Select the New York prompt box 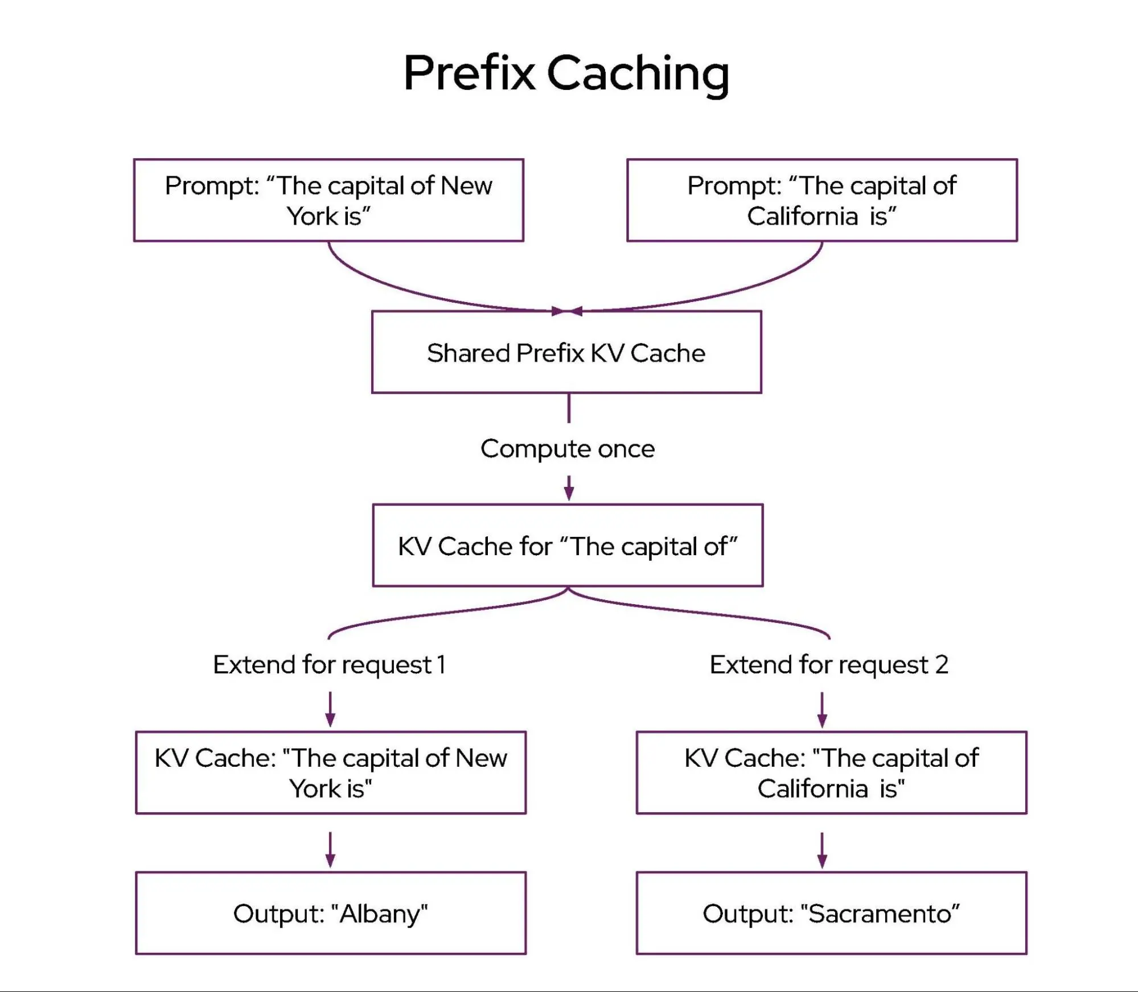point(328,200)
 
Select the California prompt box point(821,200)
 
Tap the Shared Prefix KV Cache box point(566,352)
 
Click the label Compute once point(568,449)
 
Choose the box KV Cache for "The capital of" point(568,545)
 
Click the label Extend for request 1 point(329,664)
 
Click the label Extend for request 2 point(828,664)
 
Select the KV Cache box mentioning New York point(330,772)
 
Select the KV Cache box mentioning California point(831,772)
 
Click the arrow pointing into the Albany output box point(330,850)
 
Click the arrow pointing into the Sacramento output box point(822,850)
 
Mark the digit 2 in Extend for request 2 point(942,664)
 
